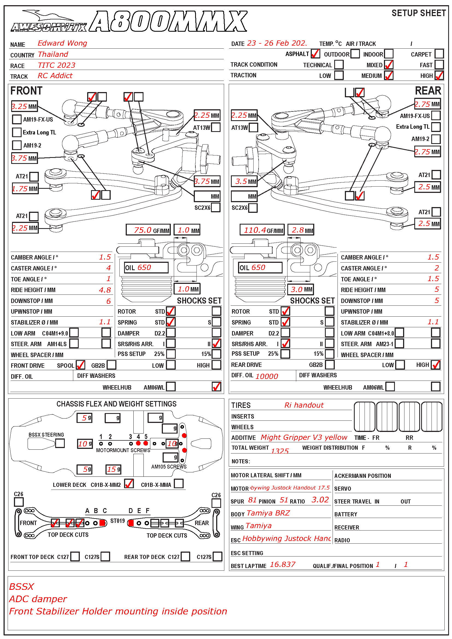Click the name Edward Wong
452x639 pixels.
62,43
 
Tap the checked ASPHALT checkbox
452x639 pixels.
315,54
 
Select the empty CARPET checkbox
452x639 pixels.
439,54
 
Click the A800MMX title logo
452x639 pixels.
168,21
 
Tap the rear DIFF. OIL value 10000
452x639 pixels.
266,376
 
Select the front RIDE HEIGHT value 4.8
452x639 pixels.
105,290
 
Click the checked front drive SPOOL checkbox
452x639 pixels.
80,365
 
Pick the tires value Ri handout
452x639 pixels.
304,405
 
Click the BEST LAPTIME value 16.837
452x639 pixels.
282,564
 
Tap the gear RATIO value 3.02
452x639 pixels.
320,500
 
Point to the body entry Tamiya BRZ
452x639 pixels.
268,513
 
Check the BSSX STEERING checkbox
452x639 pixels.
60,443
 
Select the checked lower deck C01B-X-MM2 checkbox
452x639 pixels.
129,484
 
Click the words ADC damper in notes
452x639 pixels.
38,599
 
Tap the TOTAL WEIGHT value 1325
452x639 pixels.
280,451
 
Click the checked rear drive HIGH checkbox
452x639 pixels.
436,365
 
